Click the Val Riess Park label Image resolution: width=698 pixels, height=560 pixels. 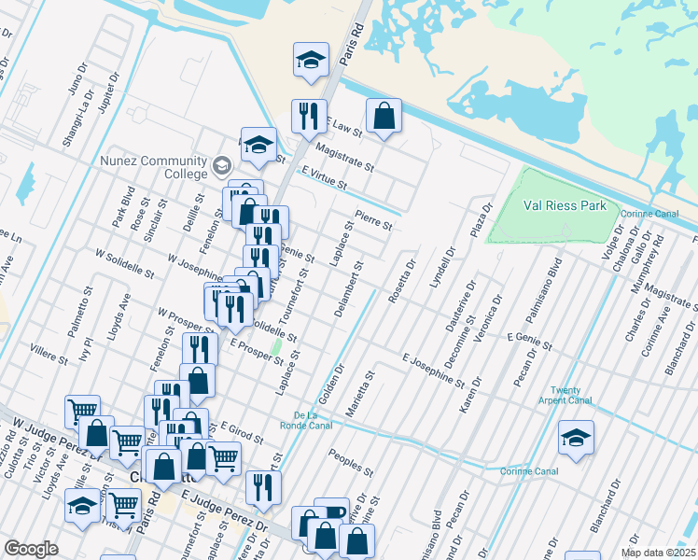[x=565, y=206]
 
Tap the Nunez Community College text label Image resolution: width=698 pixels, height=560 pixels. [x=153, y=166]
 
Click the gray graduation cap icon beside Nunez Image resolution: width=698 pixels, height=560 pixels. [x=221, y=167]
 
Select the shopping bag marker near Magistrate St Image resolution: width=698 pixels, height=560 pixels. [x=384, y=117]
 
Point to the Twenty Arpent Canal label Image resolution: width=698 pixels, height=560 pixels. [x=571, y=395]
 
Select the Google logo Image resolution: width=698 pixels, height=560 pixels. [x=31, y=549]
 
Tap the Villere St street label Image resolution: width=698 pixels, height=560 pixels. [x=49, y=352]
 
